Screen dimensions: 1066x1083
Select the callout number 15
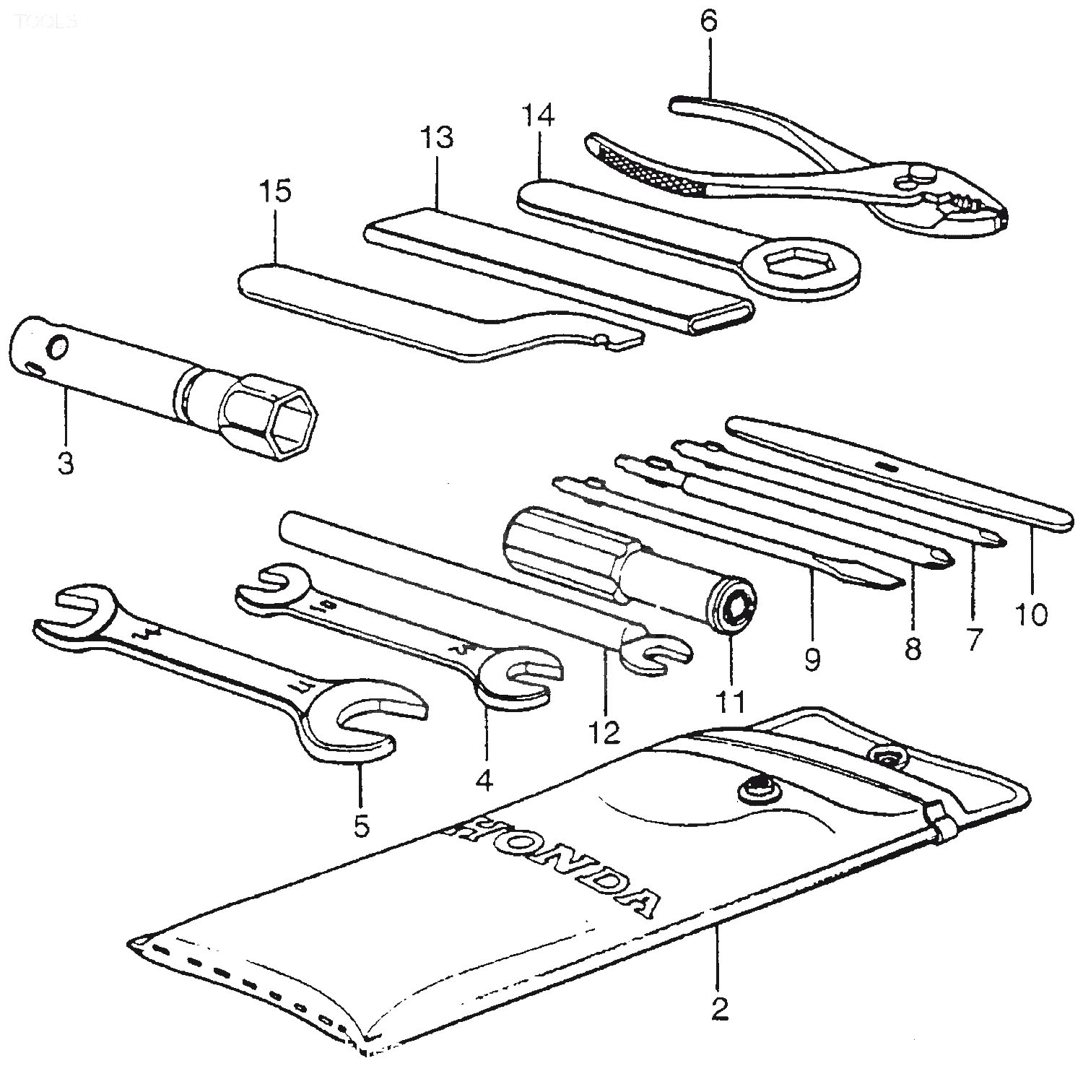tap(278, 194)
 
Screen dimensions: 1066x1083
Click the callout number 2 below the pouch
tap(718, 1009)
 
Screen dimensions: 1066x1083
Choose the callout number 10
tap(1032, 615)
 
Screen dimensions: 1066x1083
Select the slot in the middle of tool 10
tap(888, 467)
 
